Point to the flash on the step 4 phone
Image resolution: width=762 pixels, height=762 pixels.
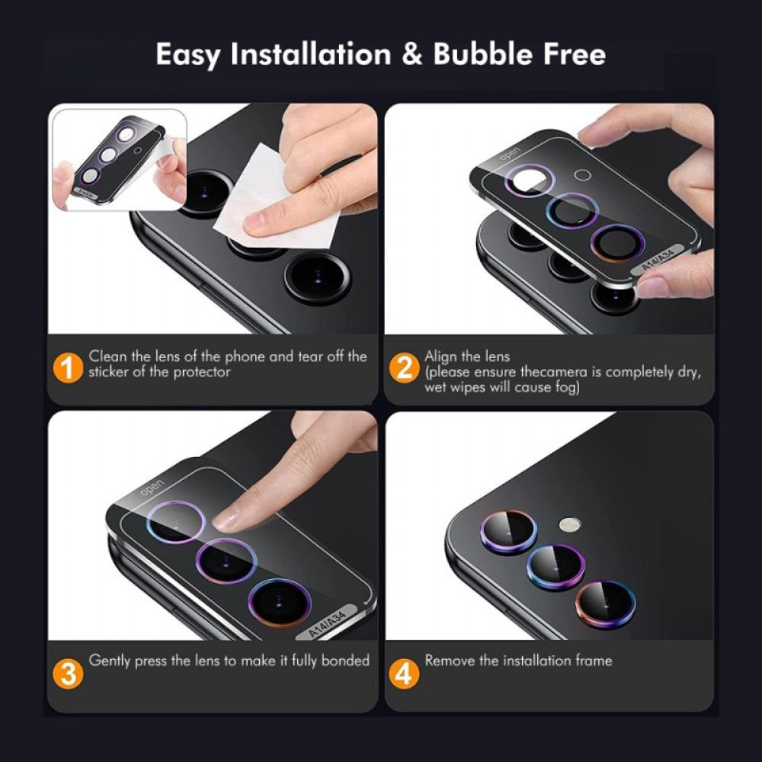[569, 524]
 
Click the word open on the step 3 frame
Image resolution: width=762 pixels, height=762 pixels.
[152, 486]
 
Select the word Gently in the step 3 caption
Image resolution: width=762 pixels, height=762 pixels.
[110, 661]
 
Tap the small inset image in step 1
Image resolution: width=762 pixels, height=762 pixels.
[118, 158]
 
